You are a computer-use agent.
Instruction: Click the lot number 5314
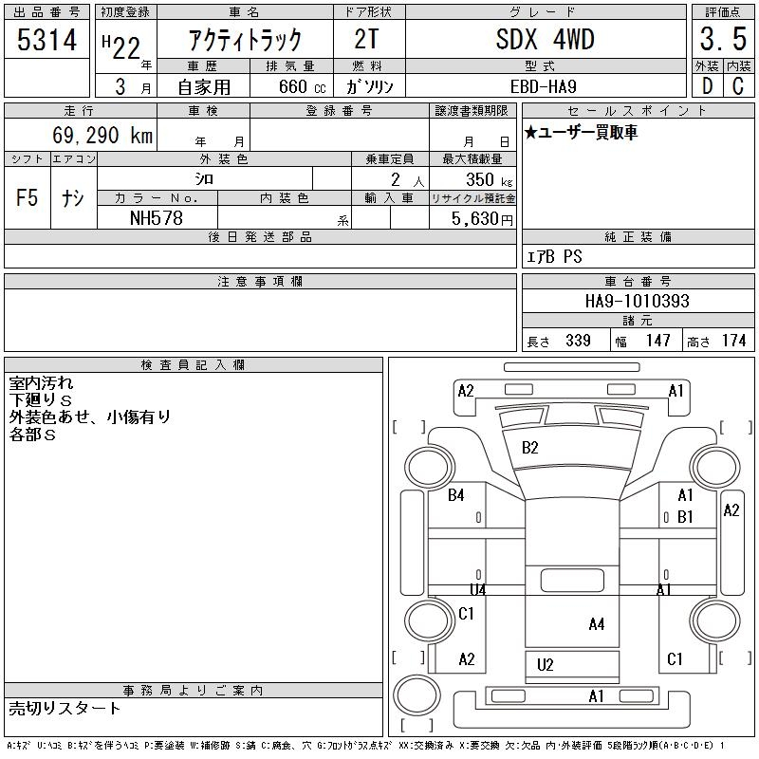click(46, 40)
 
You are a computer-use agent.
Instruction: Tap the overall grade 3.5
click(723, 39)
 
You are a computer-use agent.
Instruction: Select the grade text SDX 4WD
click(545, 39)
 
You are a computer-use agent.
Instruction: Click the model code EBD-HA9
click(543, 86)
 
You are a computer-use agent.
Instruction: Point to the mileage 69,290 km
click(102, 135)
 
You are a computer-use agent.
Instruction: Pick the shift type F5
click(28, 198)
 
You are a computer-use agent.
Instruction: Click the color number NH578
click(157, 218)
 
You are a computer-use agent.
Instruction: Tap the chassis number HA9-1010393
click(637, 301)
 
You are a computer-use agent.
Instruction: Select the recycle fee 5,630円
click(482, 219)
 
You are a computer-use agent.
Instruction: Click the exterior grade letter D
click(707, 86)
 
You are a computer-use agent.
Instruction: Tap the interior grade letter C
click(738, 86)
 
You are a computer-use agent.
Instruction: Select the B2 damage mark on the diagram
click(530, 448)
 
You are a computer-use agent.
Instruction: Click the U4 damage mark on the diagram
click(478, 589)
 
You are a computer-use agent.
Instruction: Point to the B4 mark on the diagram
click(456, 495)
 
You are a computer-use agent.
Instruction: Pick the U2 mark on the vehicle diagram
click(545, 665)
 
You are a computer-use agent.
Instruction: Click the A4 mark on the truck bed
click(597, 624)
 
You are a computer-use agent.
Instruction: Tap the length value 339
click(578, 341)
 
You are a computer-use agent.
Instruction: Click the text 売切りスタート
click(65, 709)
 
